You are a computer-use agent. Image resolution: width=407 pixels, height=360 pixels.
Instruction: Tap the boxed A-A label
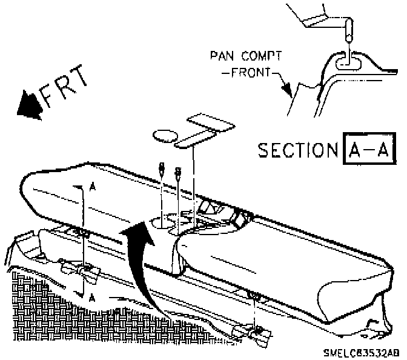(369, 149)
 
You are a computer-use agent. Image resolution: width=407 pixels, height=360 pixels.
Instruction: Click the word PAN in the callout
(222, 56)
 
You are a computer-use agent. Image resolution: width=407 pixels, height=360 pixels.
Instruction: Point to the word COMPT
(261, 56)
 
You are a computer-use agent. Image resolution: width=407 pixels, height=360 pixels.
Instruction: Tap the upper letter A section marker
(91, 188)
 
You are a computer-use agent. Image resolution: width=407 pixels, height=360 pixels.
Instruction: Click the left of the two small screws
(162, 170)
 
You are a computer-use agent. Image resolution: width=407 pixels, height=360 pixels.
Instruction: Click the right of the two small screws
(178, 172)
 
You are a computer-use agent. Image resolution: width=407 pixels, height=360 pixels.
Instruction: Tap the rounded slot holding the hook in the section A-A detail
(347, 60)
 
